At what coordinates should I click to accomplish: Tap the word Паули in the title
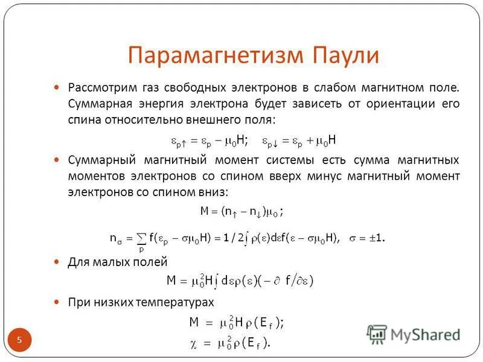[x=346, y=56]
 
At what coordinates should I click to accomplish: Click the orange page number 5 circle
[x=19, y=340]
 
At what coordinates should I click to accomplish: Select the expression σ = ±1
[x=366, y=238]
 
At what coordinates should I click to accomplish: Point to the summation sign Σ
[x=141, y=238]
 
